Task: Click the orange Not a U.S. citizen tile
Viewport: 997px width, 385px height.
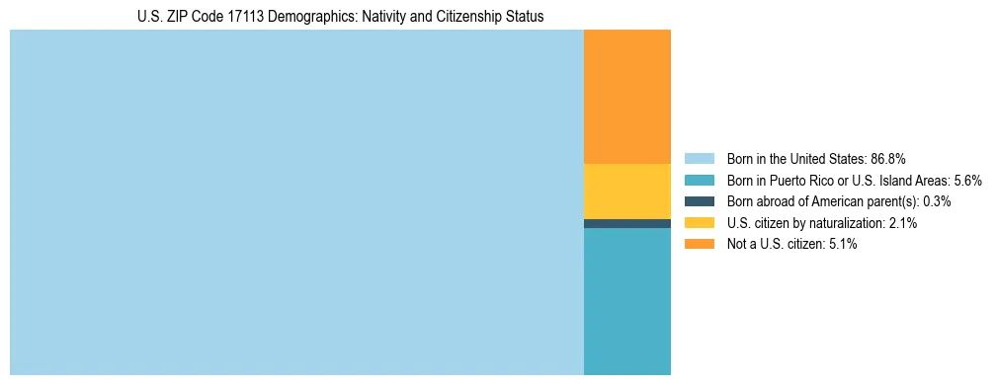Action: tap(627, 97)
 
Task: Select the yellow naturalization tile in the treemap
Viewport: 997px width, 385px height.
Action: tap(627, 191)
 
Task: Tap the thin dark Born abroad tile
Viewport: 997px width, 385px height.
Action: tap(627, 223)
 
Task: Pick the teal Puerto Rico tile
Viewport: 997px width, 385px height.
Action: tap(627, 301)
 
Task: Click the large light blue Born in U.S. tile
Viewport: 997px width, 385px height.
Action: tap(296, 202)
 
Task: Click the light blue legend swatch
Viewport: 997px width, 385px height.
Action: tap(699, 158)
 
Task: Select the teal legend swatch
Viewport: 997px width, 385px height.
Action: tap(699, 180)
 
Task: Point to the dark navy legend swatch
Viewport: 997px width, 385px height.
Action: tap(699, 201)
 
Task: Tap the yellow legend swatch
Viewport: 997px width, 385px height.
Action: tap(699, 223)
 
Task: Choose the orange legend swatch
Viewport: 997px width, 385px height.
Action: tap(699, 245)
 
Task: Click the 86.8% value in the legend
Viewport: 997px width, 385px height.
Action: tap(888, 158)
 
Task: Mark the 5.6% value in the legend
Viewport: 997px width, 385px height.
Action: tap(967, 180)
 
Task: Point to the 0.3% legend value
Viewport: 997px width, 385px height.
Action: tap(937, 201)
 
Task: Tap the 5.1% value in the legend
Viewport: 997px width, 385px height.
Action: tap(840, 245)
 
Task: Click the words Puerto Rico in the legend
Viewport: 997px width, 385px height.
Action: tap(803, 180)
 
